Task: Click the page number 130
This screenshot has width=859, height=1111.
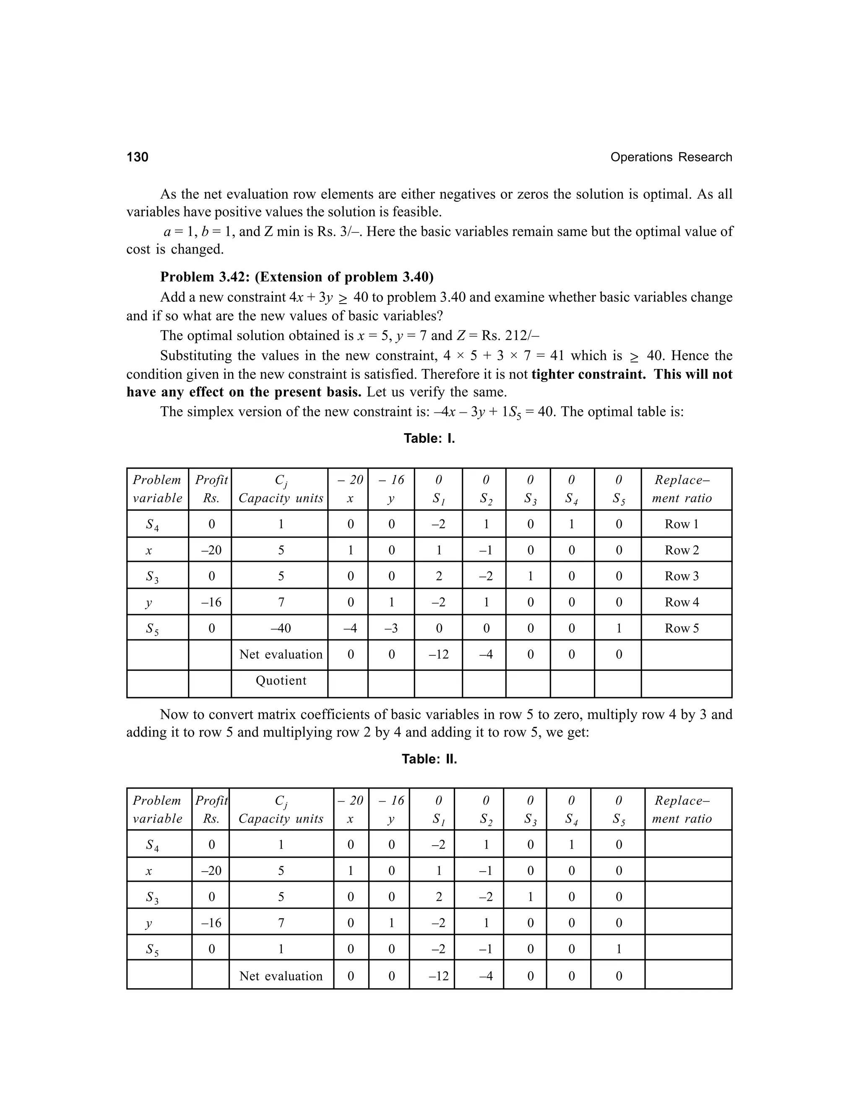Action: (x=138, y=157)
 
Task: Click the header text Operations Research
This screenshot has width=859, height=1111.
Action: (x=671, y=157)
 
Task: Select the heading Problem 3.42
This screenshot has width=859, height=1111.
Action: (x=297, y=277)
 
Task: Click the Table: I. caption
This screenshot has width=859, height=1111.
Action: (x=429, y=439)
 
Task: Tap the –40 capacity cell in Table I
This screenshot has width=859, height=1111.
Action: (x=281, y=628)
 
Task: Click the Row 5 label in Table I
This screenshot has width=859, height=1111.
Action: (x=682, y=628)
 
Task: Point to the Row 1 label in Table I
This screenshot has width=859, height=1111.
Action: (x=682, y=524)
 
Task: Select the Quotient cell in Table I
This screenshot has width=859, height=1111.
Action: (x=281, y=680)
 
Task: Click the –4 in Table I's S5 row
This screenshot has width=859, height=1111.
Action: (x=350, y=628)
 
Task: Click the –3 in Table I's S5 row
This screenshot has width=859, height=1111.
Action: (x=391, y=628)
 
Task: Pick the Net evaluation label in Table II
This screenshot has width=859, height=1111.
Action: (x=281, y=976)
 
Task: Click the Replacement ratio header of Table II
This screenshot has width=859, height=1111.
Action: (x=682, y=809)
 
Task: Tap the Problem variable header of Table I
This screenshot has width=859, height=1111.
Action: (x=157, y=489)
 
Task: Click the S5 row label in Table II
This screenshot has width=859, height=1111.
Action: (x=152, y=950)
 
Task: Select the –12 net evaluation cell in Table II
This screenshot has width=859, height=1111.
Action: (x=438, y=976)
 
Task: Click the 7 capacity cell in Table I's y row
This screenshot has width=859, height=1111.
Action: (x=281, y=602)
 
